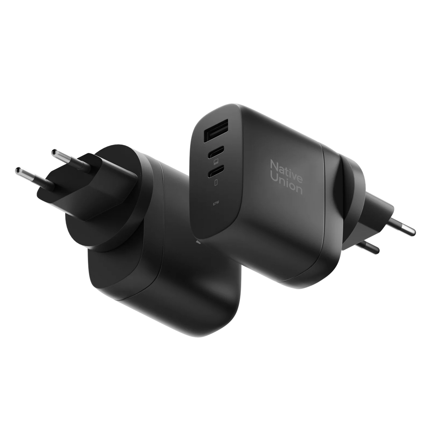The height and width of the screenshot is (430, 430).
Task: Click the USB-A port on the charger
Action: click(216, 131)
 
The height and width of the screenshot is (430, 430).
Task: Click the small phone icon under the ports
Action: click(216, 183)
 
